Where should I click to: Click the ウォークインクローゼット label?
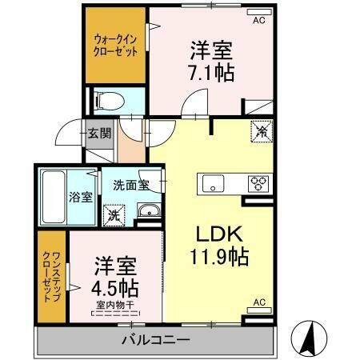(x=116, y=44)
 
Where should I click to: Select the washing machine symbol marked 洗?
(x=113, y=214)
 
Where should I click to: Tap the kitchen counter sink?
(x=214, y=182)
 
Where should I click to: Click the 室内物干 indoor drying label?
(x=118, y=303)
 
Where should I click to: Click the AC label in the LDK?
(x=258, y=302)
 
